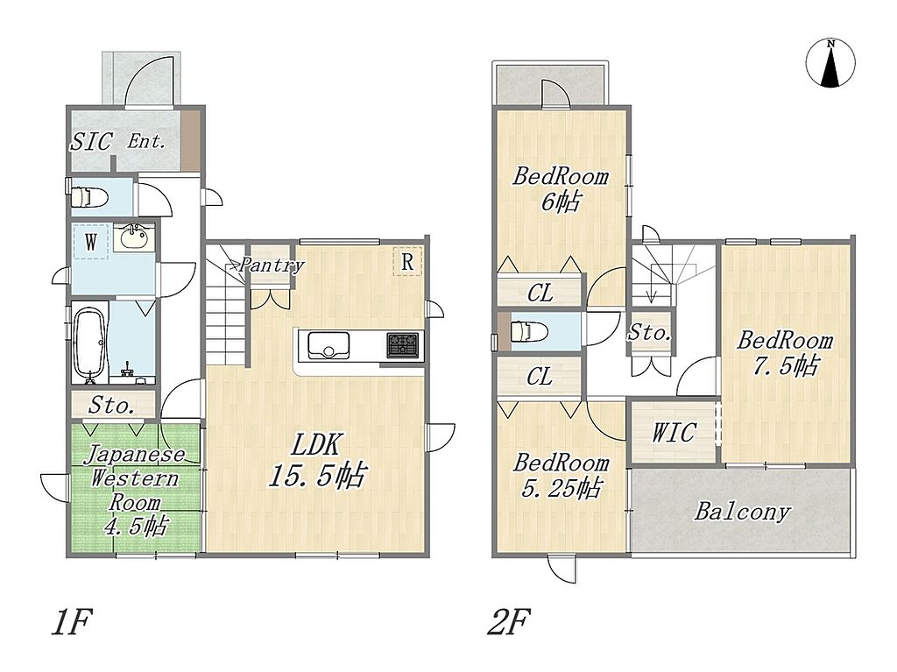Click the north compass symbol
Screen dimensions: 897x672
click(x=830, y=63)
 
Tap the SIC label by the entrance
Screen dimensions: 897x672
click(x=91, y=142)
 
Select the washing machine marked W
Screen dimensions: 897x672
click(x=90, y=242)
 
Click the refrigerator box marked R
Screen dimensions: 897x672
click(x=407, y=262)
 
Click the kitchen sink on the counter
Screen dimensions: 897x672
click(x=329, y=345)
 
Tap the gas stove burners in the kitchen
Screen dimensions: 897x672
click(x=403, y=346)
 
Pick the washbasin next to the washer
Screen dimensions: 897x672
click(x=134, y=237)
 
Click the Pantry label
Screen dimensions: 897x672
click(x=272, y=265)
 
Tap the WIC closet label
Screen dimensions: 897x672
click(x=674, y=432)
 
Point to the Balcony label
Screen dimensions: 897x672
click(x=742, y=511)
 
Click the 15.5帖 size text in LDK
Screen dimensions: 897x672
click(x=317, y=475)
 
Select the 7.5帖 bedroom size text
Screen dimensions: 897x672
click(x=786, y=365)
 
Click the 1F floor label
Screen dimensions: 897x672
click(x=71, y=622)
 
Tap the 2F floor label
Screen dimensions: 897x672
click(x=509, y=622)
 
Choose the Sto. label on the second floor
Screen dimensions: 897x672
click(x=649, y=333)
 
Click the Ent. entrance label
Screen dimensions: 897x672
click(x=146, y=141)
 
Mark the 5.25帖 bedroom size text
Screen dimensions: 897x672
click(x=562, y=488)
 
